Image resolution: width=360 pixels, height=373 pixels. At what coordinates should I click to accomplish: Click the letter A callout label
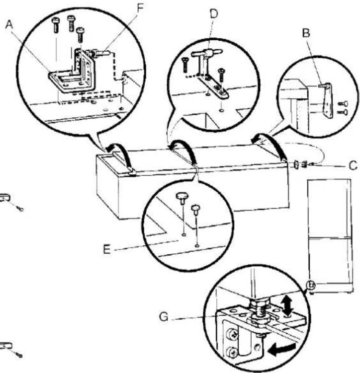(x=9, y=24)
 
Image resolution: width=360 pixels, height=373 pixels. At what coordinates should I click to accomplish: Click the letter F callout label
(x=140, y=8)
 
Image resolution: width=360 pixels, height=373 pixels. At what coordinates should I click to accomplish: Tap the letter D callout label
(x=214, y=14)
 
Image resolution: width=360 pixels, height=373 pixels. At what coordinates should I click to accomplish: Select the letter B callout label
(x=306, y=33)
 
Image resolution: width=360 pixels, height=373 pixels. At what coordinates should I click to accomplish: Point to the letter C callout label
(x=353, y=166)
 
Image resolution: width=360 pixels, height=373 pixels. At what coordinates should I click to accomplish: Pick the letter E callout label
(x=107, y=249)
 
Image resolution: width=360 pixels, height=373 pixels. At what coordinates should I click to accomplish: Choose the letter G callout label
(x=164, y=317)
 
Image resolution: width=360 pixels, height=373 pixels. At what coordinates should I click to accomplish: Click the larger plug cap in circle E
(x=182, y=198)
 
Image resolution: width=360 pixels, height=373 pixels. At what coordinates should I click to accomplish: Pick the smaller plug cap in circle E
(x=196, y=209)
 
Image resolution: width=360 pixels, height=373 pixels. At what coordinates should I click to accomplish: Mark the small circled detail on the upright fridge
(x=311, y=284)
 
